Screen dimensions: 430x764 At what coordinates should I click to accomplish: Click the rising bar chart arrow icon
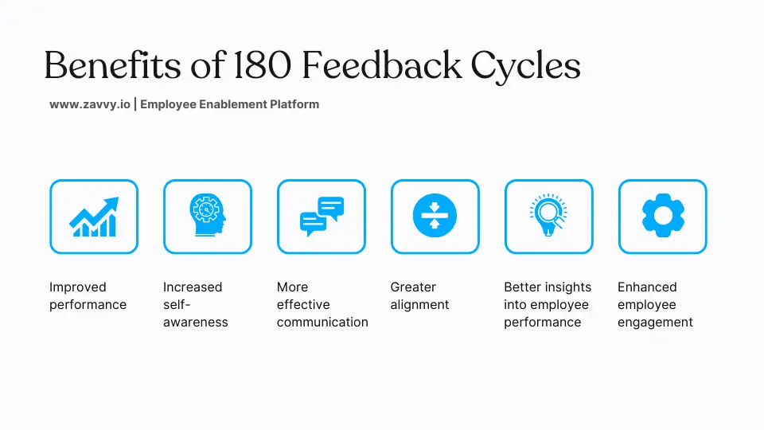[94, 217]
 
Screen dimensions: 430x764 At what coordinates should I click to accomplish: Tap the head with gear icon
[208, 217]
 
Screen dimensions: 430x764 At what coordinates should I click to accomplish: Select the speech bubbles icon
[322, 217]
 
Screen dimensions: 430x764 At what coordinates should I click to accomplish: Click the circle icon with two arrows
[435, 217]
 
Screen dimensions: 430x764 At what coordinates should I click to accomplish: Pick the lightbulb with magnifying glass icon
[549, 217]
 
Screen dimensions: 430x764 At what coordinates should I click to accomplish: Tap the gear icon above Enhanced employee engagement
[663, 217]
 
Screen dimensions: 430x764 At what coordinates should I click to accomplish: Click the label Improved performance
[88, 295]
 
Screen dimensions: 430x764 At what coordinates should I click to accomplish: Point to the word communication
[322, 322]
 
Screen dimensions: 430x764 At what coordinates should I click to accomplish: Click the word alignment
[419, 304]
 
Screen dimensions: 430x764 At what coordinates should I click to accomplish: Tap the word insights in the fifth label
[569, 287]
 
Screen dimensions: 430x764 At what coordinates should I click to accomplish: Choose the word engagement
[655, 322]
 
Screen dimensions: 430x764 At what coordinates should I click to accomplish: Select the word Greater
[413, 287]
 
